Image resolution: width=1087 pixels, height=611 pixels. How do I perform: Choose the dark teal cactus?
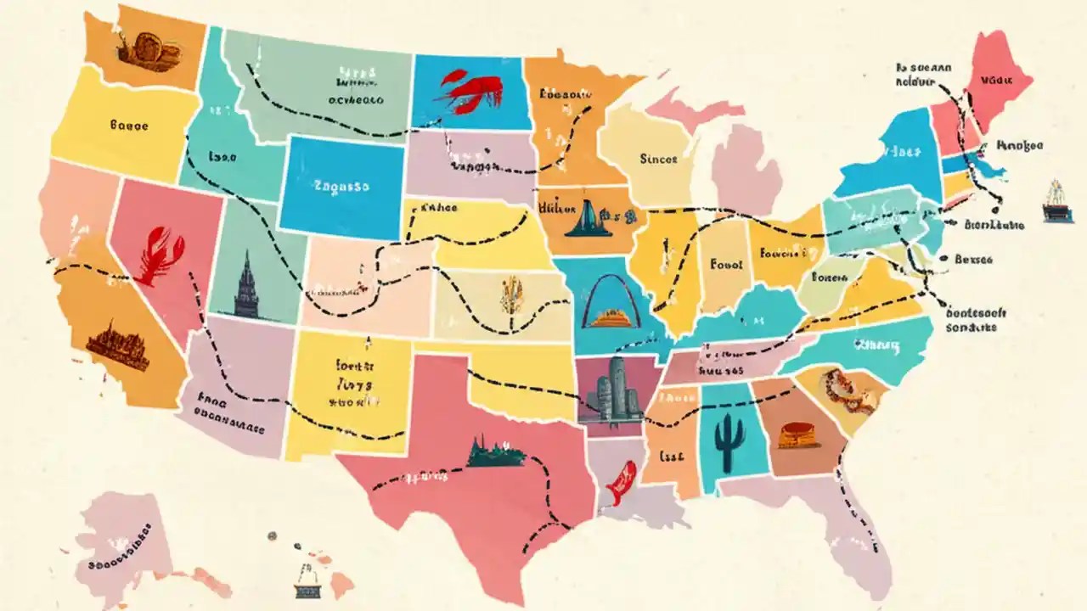click(x=729, y=441)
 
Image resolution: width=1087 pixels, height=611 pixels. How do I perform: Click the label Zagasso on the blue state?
click(x=341, y=184)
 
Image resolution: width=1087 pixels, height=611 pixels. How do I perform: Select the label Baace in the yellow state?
click(x=129, y=126)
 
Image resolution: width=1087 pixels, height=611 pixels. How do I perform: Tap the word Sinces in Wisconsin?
click(x=658, y=158)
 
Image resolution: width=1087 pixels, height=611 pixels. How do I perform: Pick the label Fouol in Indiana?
click(x=726, y=264)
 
